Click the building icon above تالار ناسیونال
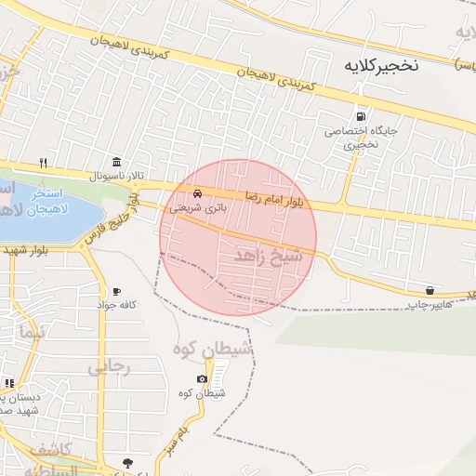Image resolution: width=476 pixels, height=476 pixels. point(116,163)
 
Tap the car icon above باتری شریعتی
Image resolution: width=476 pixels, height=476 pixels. point(197,193)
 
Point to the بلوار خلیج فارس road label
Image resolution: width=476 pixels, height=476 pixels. point(111,221)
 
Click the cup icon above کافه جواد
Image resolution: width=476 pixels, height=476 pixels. point(116,291)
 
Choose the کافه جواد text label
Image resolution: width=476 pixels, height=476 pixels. point(119,305)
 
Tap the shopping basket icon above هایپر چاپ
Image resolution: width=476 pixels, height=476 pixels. point(429,290)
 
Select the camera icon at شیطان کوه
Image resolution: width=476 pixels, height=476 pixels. point(203,378)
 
